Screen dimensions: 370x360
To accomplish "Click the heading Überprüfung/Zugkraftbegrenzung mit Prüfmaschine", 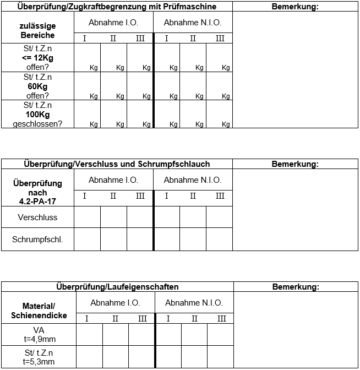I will [x=117, y=7].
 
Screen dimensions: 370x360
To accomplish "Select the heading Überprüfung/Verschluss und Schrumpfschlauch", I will [x=117, y=164].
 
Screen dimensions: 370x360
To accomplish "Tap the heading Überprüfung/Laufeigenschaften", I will [x=117, y=287].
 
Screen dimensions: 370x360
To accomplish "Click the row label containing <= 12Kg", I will [x=37, y=57].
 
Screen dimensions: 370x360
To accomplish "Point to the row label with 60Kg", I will [x=37, y=86].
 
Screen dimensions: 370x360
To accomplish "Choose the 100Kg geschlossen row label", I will [x=37, y=115].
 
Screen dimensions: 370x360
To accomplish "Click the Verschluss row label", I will [x=37, y=217].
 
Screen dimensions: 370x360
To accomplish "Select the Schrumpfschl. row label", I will [x=37, y=239].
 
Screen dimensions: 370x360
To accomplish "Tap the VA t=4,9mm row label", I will [x=39, y=334].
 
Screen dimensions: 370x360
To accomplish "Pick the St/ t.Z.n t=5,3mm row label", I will [x=39, y=357].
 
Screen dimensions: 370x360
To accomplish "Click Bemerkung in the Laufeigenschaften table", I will [x=296, y=287].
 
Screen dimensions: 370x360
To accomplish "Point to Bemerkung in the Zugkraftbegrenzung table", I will [x=295, y=7].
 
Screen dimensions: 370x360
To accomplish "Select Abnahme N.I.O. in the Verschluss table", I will [x=193, y=180].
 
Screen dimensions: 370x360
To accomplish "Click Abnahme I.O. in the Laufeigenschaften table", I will [x=116, y=303].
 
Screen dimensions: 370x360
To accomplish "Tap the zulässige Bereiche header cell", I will [x=37, y=30].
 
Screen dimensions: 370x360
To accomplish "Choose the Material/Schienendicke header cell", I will [x=39, y=311].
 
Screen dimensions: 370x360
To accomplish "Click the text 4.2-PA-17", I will [x=37, y=202].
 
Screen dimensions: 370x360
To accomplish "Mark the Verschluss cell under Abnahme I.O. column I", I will [x=87, y=217].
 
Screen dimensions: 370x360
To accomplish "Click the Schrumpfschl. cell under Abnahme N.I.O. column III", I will [x=220, y=239].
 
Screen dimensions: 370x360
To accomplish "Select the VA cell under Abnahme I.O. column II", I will [x=116, y=334].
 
